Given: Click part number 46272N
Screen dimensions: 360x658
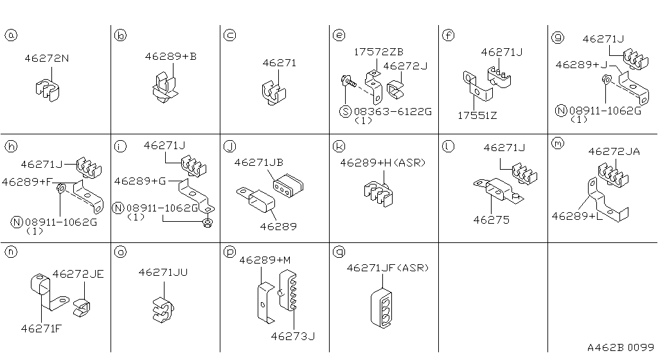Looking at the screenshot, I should tap(47, 59).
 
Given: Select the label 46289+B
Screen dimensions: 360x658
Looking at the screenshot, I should tap(170, 57).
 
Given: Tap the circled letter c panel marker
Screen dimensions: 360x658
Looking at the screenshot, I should tap(229, 36).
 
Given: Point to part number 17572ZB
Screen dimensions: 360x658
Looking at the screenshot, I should tap(378, 52).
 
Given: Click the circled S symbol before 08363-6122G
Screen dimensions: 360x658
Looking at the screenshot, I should tap(346, 112).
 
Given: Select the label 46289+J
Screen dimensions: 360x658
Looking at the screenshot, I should tap(582, 65).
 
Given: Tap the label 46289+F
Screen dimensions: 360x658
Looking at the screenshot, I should tap(27, 182).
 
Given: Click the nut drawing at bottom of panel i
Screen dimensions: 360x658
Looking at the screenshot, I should tap(207, 223).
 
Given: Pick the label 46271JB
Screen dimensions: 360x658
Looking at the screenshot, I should tap(259, 163).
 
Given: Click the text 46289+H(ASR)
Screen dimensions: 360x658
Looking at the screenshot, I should tap(383, 163).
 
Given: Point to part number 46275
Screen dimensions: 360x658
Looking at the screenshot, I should tap(491, 220).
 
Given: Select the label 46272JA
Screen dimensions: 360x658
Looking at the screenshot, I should tap(614, 152).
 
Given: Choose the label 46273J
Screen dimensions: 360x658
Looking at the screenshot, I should tap(292, 336).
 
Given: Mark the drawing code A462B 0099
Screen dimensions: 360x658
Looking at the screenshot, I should tap(620, 347).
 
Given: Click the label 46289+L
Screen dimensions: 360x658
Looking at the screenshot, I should tap(576, 217).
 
